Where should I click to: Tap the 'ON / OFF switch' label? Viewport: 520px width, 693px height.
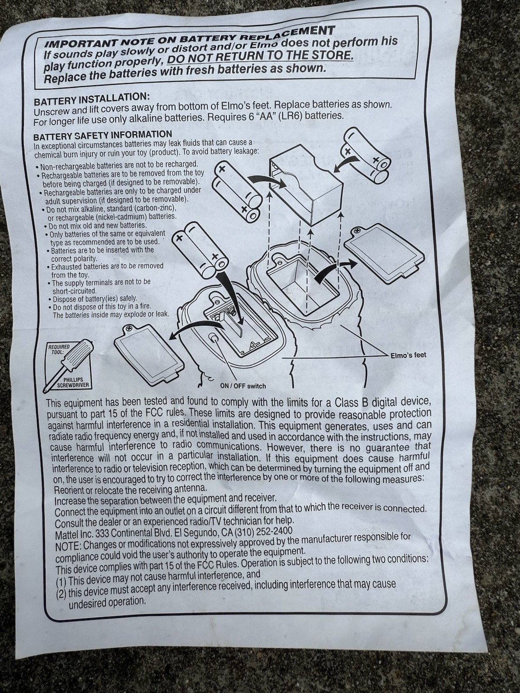(x=243, y=386)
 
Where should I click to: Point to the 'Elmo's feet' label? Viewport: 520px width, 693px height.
(x=408, y=355)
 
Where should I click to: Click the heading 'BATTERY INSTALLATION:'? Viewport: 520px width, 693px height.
(x=91, y=99)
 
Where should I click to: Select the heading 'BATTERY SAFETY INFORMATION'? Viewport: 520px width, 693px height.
(x=103, y=136)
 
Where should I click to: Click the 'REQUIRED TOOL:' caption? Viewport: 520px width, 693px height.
(x=59, y=349)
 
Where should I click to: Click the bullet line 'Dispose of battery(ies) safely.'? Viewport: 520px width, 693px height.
(x=93, y=298)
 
